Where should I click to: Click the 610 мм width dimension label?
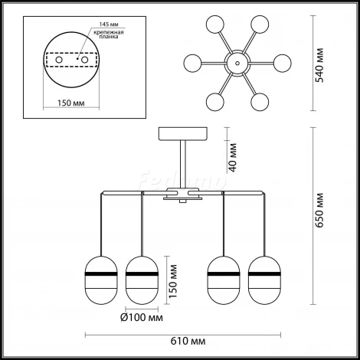(188, 341)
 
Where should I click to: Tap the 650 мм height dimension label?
(319, 210)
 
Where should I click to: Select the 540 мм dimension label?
(319, 65)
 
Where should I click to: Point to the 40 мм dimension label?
(233, 158)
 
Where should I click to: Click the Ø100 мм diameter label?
(142, 317)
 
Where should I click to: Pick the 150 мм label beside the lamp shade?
(173, 281)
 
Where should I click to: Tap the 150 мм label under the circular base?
(71, 103)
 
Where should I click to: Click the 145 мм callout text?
(109, 25)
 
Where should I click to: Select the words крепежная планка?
(109, 34)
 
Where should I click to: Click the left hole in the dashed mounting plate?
(59, 60)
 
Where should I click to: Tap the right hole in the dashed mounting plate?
(84, 60)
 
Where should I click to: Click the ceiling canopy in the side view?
(183, 134)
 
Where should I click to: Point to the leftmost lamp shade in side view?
(101, 280)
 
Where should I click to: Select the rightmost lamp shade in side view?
(264, 280)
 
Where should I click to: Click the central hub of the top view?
(237, 63)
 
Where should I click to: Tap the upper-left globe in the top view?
(215, 25)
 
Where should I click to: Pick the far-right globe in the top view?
(283, 63)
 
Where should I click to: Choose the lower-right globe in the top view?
(260, 102)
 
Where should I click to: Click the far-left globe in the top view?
(193, 63)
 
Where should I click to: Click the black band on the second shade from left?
(142, 274)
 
